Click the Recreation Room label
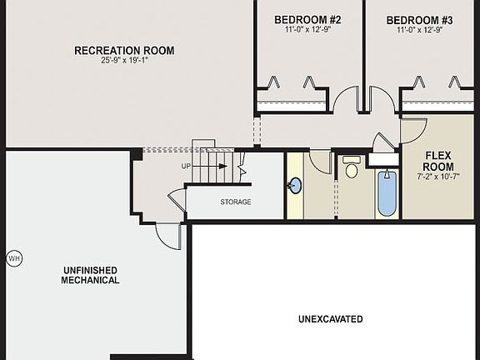[x=124, y=50]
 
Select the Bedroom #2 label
[x=307, y=19]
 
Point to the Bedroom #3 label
[x=419, y=19]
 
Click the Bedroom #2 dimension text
[x=307, y=30]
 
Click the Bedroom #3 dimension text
[x=419, y=30]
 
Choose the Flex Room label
[x=438, y=161]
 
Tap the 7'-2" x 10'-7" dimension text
[x=438, y=177]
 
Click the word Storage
[x=236, y=202]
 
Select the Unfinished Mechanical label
[x=89, y=275]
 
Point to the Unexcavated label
[x=330, y=319]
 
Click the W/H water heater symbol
[x=14, y=258]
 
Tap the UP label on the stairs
[x=187, y=166]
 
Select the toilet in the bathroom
[x=351, y=170]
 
